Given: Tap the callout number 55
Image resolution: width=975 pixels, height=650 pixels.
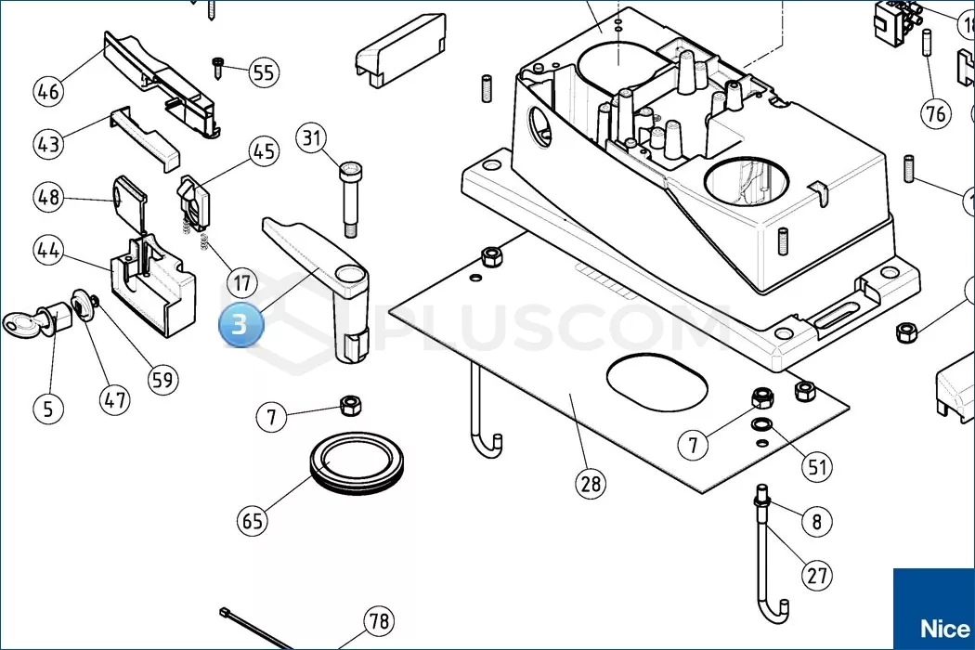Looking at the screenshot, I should tap(265, 72).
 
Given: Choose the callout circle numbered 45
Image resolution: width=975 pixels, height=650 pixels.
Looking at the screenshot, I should tap(264, 151).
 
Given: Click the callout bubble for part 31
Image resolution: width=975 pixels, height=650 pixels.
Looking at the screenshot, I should tap(312, 139).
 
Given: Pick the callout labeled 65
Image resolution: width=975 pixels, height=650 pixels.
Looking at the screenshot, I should tap(253, 521).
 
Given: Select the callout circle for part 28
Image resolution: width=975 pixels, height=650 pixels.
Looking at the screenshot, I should tap(590, 484).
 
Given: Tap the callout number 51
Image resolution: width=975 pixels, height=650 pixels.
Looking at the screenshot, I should tap(817, 466).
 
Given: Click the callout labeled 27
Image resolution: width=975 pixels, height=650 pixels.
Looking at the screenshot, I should tap(817, 576).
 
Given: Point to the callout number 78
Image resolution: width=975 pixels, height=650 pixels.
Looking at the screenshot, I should tap(378, 620).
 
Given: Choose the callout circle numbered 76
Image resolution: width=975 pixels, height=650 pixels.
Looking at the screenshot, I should tap(936, 113).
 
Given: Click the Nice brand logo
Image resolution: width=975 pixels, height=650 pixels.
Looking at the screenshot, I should tap(938, 628).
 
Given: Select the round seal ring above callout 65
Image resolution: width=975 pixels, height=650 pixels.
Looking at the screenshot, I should tap(356, 459).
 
